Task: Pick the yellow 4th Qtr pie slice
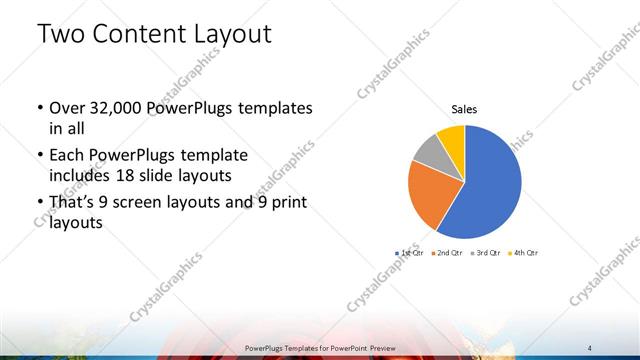pos(451,136)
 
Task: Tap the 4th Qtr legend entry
pos(525,253)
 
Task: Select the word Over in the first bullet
pos(68,107)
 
